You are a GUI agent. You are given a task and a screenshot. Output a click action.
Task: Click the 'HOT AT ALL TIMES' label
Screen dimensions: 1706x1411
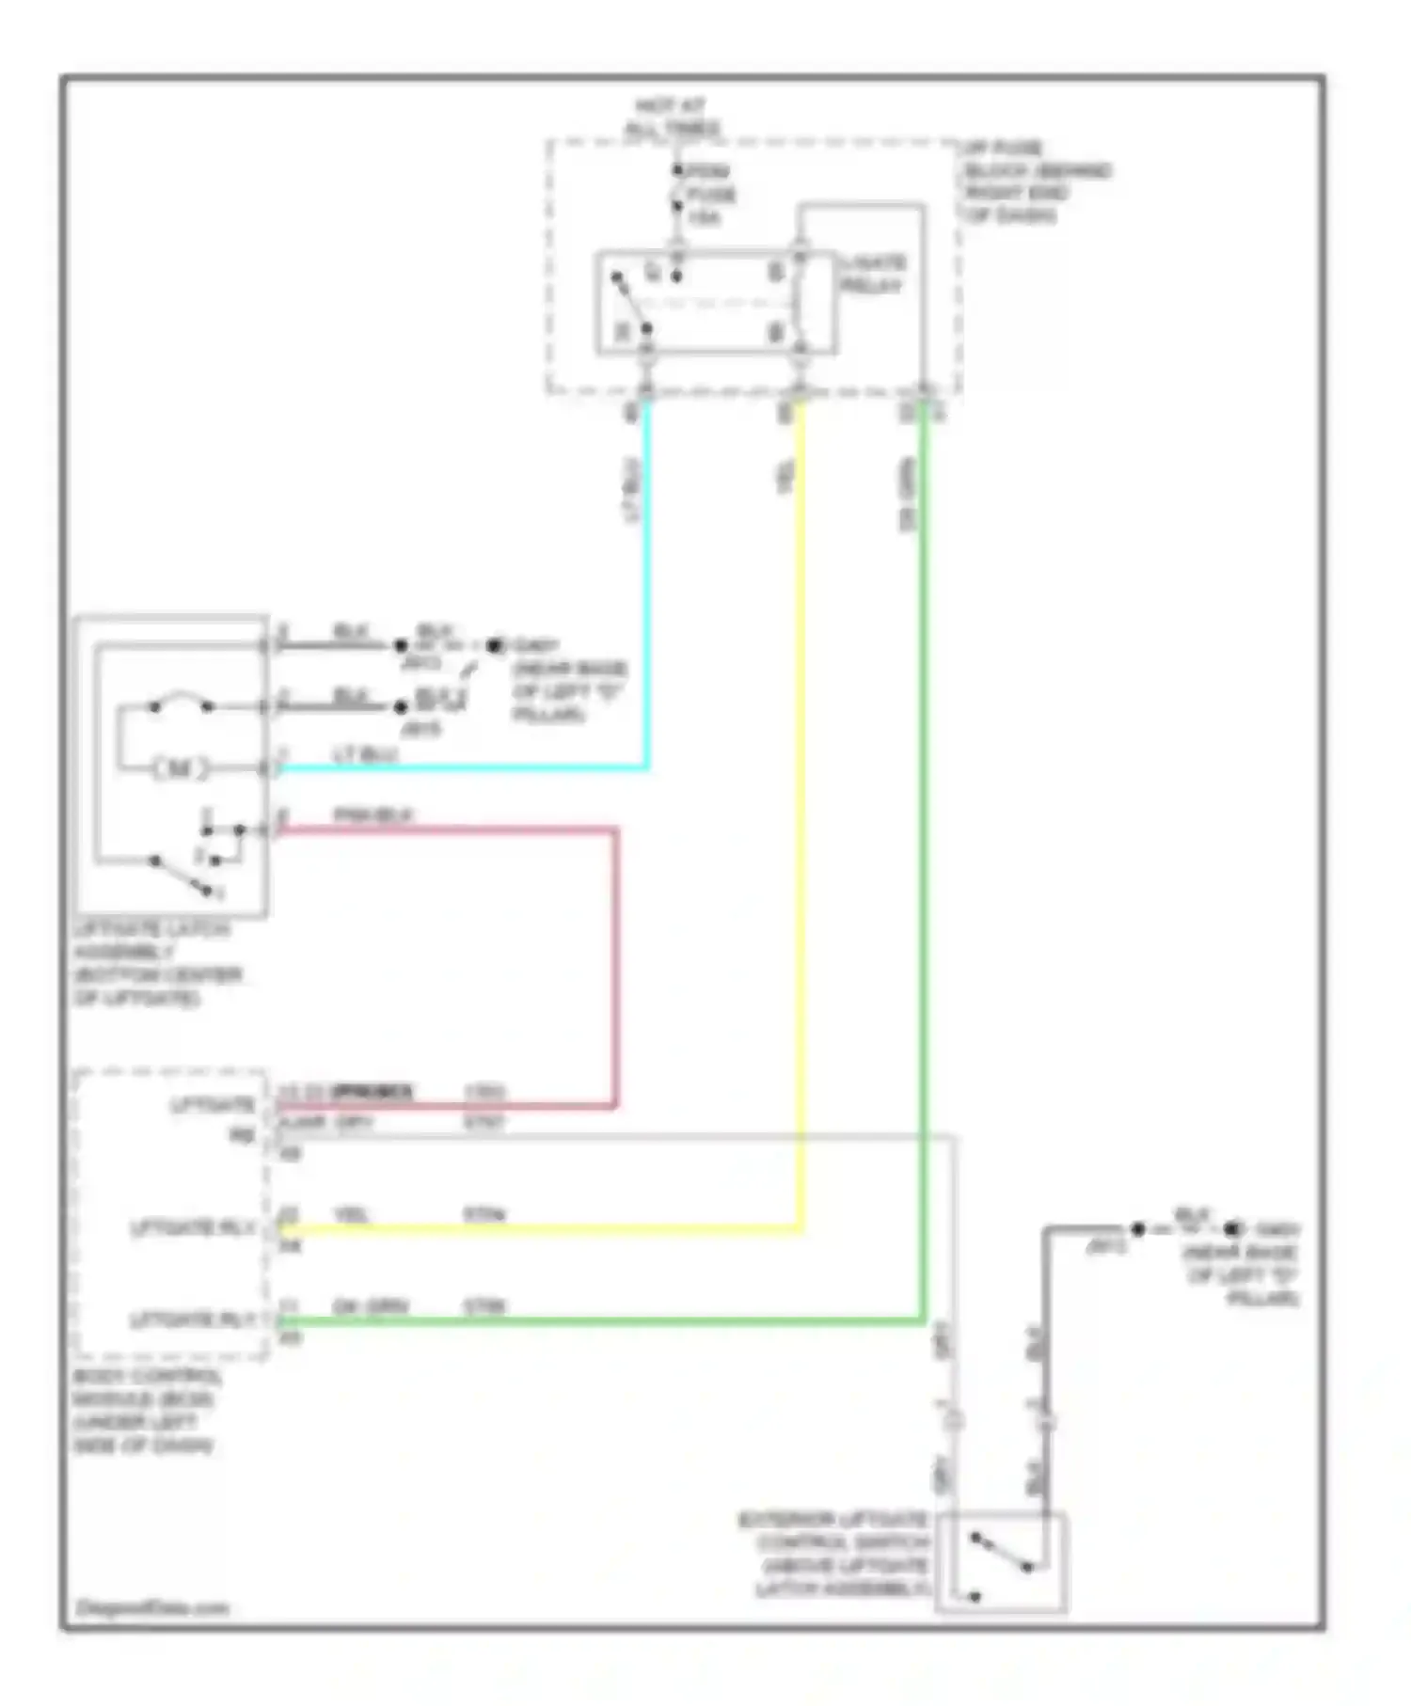[672, 117]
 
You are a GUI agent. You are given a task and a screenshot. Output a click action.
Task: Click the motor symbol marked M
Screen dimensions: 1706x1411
[179, 768]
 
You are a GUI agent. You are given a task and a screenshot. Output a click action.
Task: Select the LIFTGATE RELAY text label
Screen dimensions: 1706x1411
[872, 274]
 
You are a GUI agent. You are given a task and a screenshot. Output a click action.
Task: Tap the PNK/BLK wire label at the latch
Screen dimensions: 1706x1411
[373, 814]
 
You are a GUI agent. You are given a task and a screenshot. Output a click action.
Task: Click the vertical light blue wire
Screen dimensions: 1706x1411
[646, 583]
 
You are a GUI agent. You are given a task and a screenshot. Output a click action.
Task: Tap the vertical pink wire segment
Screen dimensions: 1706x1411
[615, 969]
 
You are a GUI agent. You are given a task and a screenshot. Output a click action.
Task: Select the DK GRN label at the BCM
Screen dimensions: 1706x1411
[370, 1306]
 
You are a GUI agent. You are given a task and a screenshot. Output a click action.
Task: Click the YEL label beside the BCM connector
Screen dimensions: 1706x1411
[352, 1214]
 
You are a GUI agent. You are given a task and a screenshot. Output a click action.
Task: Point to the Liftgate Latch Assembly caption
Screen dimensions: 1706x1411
[155, 963]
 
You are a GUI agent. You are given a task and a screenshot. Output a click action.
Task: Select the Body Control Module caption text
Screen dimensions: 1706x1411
[146, 1410]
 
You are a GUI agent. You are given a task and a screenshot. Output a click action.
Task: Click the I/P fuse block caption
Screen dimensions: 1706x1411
[1035, 182]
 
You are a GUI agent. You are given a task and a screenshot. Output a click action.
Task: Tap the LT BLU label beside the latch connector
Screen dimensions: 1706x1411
[365, 754]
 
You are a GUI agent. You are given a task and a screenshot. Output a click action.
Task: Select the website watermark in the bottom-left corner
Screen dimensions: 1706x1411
[152, 1607]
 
